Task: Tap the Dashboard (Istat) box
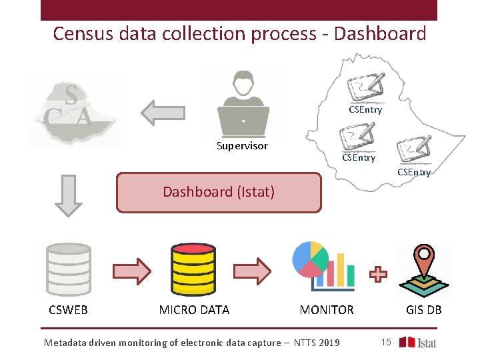click(x=219, y=193)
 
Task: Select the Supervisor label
click(x=242, y=146)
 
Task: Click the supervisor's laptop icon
click(x=243, y=119)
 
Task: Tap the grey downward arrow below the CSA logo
click(x=67, y=195)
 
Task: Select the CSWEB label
click(x=68, y=310)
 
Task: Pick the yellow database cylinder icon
click(x=193, y=270)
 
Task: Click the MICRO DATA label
click(x=194, y=310)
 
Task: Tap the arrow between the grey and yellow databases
click(x=131, y=271)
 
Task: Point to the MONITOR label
click(x=327, y=310)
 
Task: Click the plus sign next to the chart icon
click(x=378, y=274)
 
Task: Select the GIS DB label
click(x=424, y=310)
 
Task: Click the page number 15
click(x=385, y=342)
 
